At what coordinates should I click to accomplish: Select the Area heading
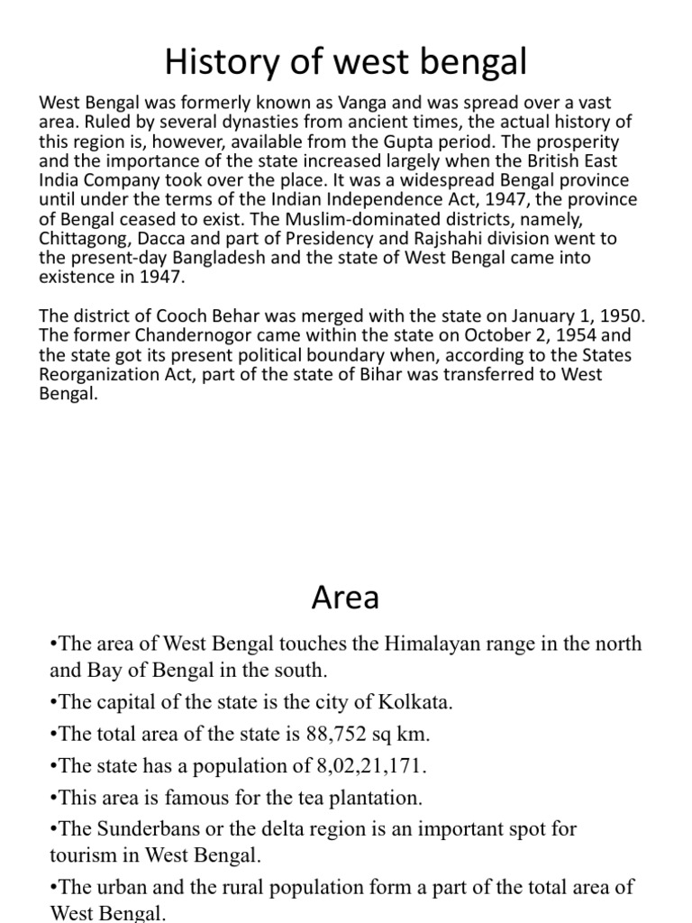click(345, 597)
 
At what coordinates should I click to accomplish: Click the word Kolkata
click(396, 702)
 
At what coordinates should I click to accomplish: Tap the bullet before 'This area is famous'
click(53, 798)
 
